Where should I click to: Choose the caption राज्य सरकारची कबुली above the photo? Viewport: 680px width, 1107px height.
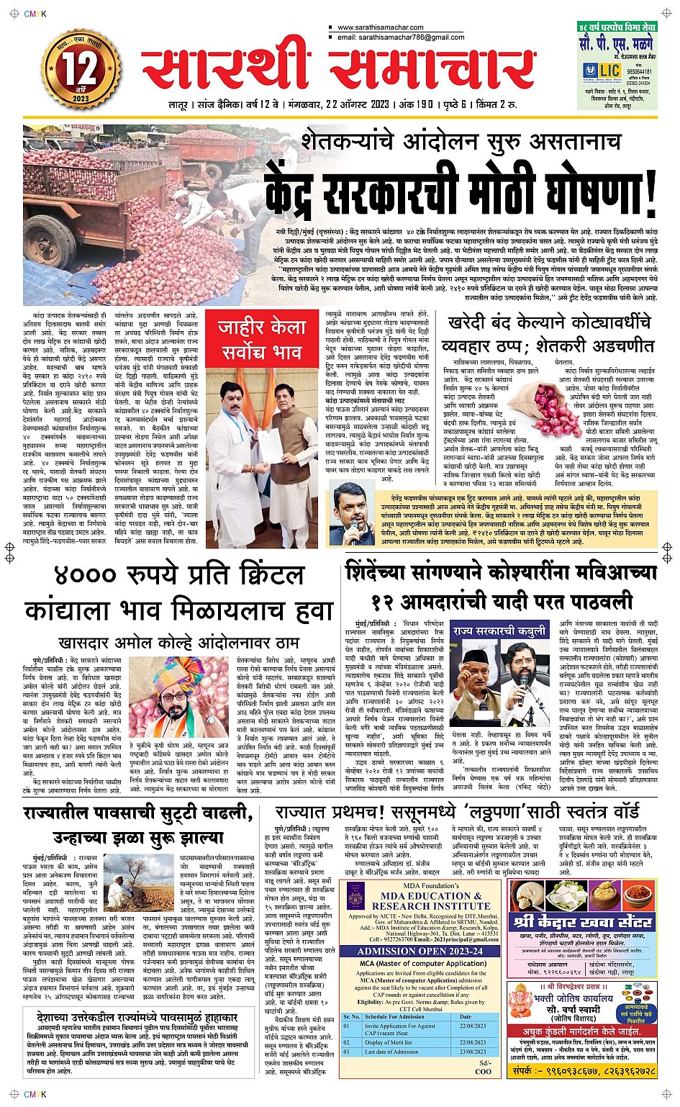pos(499,631)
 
